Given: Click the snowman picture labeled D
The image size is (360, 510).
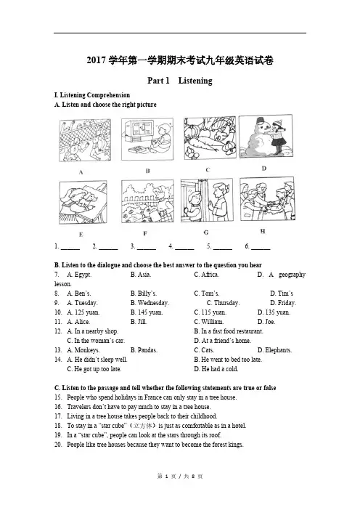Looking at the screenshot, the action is click(x=266, y=137).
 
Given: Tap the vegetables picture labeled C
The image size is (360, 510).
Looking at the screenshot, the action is click(x=210, y=138).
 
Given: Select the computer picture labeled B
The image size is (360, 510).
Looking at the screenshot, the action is click(x=147, y=139).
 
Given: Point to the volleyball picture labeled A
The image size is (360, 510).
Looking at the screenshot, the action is click(x=85, y=140).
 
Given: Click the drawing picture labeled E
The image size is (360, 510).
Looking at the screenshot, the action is click(x=83, y=202).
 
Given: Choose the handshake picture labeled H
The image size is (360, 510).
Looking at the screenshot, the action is click(x=267, y=199).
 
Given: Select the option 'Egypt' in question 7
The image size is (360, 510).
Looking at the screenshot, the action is click(x=79, y=275).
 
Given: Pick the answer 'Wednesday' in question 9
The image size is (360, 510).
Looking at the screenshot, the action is click(x=150, y=303).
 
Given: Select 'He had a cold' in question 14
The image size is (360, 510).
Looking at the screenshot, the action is click(x=216, y=369).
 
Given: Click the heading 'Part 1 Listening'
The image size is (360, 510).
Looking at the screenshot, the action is click(x=180, y=81).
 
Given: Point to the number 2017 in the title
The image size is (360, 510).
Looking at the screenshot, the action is click(x=97, y=60).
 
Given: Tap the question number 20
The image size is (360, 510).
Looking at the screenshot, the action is click(x=58, y=445).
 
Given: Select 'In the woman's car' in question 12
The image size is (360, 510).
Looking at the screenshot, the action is click(x=96, y=341).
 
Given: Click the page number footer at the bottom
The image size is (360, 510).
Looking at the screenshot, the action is click(x=180, y=477).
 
